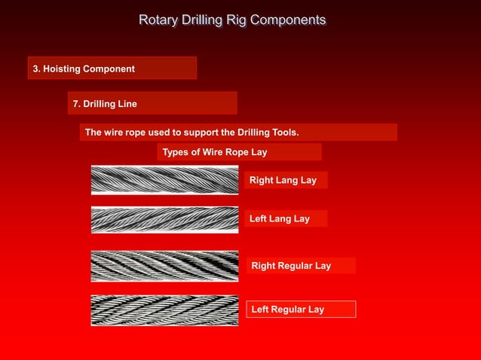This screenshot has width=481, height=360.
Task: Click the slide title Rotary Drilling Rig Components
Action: pos(232,20)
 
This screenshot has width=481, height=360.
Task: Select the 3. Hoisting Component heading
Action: pos(84,69)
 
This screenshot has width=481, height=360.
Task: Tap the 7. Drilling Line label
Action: pos(104,103)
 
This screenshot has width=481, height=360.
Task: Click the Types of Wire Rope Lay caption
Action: pos(215,152)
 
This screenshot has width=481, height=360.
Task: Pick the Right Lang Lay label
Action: pos(283,180)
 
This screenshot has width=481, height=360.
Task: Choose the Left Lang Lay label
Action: pos(279,218)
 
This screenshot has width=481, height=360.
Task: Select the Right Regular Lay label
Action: pos(291,265)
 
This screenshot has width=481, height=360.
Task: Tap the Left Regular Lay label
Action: pos(287,309)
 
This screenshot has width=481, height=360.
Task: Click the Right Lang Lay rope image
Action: pos(164,180)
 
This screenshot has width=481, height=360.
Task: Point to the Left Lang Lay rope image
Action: pos(164,219)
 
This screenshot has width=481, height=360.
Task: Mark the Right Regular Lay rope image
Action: pos(164,266)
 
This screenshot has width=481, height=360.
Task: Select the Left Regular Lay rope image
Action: pos(164,310)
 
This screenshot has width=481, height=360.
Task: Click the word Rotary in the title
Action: pos(157,20)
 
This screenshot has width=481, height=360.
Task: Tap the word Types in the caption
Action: pos(176,152)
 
